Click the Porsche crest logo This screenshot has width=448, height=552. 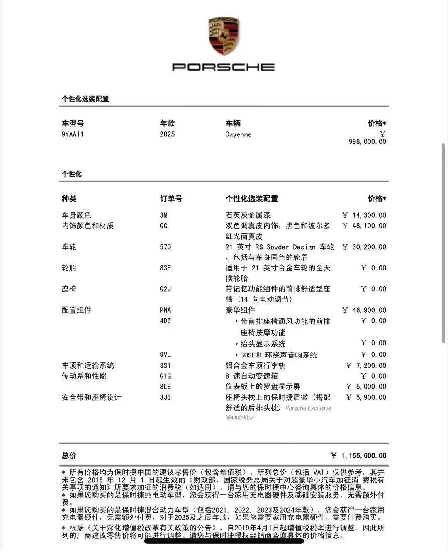point(223,37)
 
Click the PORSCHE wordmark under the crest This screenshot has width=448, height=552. point(223,67)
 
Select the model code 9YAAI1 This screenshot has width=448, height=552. point(73,134)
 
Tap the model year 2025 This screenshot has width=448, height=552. point(167,134)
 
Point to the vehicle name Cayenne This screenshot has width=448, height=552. point(239,134)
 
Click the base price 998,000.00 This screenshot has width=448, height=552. point(367,142)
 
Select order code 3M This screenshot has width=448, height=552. point(164,215)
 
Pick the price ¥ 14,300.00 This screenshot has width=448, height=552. point(364,215)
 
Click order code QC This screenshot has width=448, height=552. point(164,226)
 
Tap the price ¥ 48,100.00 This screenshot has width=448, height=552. point(364,226)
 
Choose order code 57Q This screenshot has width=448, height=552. point(166,247)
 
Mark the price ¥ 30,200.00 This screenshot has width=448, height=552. point(364,247)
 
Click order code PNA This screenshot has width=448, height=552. point(166,310)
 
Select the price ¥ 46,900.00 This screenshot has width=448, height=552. point(364,310)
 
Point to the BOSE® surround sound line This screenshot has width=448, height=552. point(278,355)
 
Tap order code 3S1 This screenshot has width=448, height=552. point(165,366)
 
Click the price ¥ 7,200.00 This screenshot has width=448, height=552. point(366,366)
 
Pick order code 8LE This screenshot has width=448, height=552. point(165,387)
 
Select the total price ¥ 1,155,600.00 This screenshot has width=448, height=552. point(359,456)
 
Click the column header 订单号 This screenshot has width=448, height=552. point(171,199)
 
